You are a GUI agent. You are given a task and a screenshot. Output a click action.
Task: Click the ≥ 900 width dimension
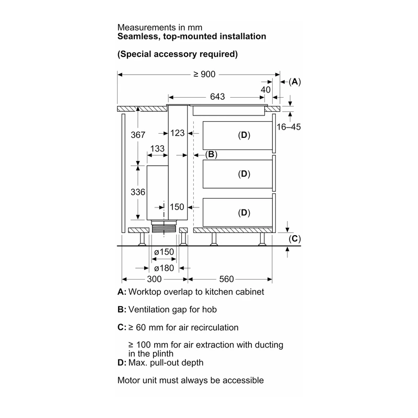click(x=204, y=74)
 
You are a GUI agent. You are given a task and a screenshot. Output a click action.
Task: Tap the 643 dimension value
click(x=217, y=97)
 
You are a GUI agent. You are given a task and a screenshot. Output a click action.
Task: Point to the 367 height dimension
click(x=138, y=135)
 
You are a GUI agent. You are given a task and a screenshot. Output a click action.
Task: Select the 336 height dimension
click(x=138, y=192)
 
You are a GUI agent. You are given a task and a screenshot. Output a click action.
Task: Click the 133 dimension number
click(x=157, y=148)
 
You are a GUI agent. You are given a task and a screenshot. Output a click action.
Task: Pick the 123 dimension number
click(x=177, y=133)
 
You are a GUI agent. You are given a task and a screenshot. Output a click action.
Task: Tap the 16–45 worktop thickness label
click(x=288, y=127)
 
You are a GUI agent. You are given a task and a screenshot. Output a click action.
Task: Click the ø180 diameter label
click(x=164, y=268)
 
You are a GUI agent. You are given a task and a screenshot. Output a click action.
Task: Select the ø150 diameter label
click(x=164, y=252)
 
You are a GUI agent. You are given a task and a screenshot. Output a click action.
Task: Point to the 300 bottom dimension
click(x=154, y=279)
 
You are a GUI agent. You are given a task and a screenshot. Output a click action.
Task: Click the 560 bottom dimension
click(x=226, y=279)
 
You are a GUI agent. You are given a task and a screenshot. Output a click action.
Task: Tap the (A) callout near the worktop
click(x=295, y=82)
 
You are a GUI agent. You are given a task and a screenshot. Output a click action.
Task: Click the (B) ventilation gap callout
click(x=211, y=154)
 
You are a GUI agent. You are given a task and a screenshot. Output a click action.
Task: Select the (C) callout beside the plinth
click(x=295, y=239)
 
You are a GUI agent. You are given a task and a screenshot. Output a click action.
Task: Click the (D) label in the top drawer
click(x=244, y=135)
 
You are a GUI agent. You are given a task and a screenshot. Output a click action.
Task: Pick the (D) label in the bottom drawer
click(x=244, y=213)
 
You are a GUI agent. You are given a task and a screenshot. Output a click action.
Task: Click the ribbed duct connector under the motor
click(x=164, y=228)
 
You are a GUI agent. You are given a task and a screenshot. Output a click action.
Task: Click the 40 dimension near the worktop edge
click(x=265, y=90)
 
